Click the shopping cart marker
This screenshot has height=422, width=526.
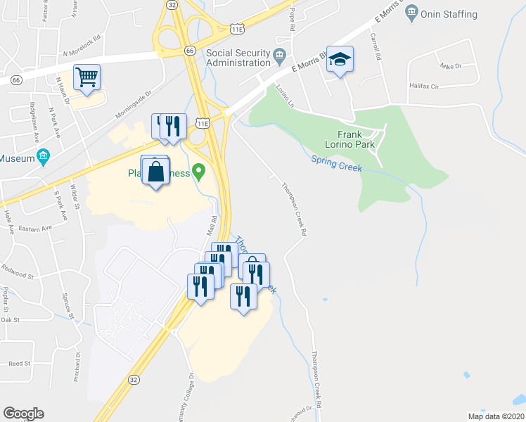pos(86,77)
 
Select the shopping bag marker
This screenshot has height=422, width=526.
pos(155,172)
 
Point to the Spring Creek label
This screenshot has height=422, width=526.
pos(336,164)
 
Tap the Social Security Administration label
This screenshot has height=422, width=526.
pos(238,58)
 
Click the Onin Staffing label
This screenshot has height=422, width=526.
pos(450,14)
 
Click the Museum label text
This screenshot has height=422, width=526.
pos(17,158)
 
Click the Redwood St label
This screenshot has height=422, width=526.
pos(18,269)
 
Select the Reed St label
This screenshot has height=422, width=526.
pos(19,364)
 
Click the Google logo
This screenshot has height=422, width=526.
pos(23,414)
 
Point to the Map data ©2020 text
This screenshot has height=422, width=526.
pos(496,416)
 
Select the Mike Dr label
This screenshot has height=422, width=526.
pos(450,65)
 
